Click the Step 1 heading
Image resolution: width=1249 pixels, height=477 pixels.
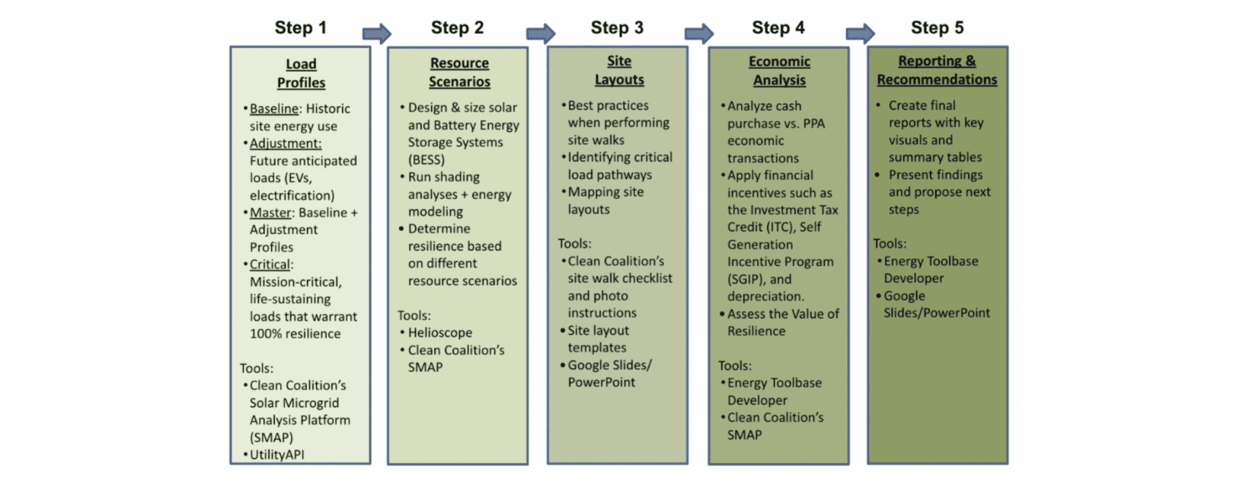click(301, 27)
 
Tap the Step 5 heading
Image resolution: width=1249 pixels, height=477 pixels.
click(938, 27)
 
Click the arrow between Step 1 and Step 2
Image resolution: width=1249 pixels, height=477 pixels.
click(377, 34)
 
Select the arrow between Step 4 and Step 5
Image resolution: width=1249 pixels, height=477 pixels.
click(861, 34)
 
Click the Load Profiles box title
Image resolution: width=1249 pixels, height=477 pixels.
click(301, 73)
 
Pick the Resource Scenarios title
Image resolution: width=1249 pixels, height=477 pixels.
click(459, 72)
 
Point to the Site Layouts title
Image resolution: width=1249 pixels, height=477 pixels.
click(619, 70)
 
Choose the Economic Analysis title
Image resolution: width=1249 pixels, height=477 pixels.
click(780, 71)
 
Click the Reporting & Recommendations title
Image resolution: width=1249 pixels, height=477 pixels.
click(937, 70)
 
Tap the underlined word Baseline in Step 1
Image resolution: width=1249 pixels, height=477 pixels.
click(273, 108)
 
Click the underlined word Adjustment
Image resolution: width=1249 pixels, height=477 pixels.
click(286, 143)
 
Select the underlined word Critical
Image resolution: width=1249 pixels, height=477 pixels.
click(270, 264)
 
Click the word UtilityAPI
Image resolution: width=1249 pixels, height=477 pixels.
click(277, 455)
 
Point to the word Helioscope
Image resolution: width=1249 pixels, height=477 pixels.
click(440, 332)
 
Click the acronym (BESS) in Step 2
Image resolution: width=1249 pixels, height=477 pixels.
click(426, 159)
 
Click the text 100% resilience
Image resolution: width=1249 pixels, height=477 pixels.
click(295, 334)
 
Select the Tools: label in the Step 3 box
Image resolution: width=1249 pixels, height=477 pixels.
click(575, 243)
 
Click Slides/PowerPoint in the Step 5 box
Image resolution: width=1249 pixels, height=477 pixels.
click(937, 313)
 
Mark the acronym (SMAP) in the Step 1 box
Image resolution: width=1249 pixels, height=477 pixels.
click(272, 437)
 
